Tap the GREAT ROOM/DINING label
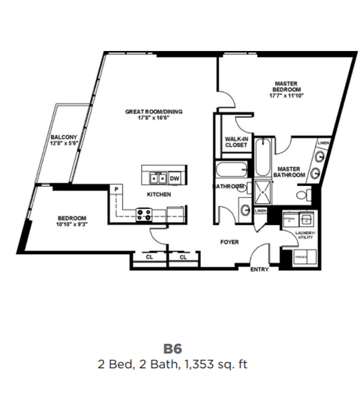pyautogui.click(x=154, y=112)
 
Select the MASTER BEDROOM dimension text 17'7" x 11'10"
pyautogui.click(x=286, y=95)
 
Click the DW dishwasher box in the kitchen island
pyautogui.click(x=173, y=178)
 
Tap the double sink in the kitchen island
pyautogui.click(x=157, y=178)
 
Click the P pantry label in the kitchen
pyautogui.click(x=117, y=188)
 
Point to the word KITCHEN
pyautogui.click(x=159, y=194)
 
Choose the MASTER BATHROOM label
pyautogui.click(x=289, y=172)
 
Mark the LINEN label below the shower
pyautogui.click(x=259, y=211)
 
